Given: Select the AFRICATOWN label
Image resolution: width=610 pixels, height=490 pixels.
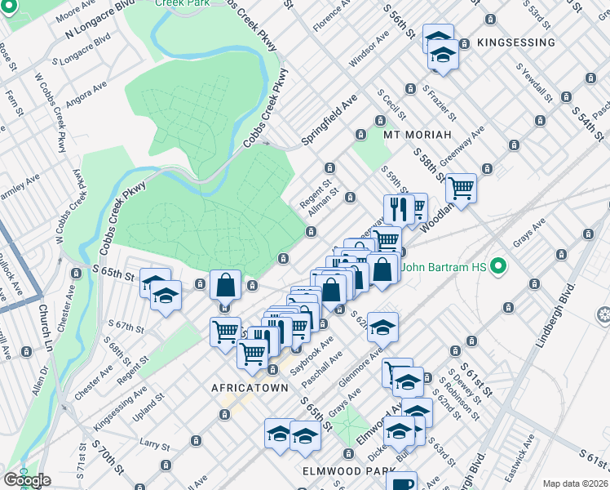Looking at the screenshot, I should [x=250, y=387].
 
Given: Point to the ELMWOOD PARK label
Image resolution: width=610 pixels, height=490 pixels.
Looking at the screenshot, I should [x=337, y=471].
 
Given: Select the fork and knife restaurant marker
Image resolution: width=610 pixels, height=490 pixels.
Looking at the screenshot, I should [x=399, y=209].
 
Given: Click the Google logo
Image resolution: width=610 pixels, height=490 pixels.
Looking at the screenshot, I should [x=27, y=479].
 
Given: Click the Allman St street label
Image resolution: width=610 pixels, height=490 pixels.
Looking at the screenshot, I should [x=323, y=199].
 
